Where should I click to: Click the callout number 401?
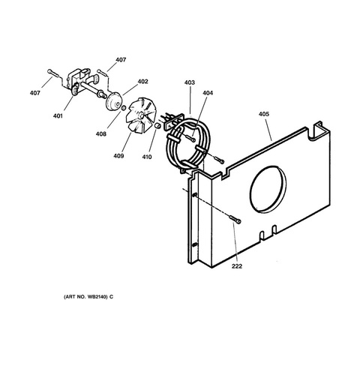click(58, 116)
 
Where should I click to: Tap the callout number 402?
click(142, 82)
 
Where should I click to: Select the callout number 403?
click(190, 82)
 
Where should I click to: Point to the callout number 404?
click(208, 93)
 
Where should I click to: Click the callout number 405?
click(264, 114)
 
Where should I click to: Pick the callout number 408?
click(101, 134)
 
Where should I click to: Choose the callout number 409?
click(118, 156)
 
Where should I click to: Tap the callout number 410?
click(147, 157)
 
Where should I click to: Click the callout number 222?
click(237, 266)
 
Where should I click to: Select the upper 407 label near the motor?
click(121, 60)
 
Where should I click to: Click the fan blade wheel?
click(139, 115)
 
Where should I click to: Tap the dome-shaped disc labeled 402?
click(114, 100)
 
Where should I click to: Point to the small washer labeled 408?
click(124, 108)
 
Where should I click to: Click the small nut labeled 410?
click(157, 126)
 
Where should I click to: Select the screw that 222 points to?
click(235, 219)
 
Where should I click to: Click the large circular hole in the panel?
click(268, 190)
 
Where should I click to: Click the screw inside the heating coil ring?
click(190, 138)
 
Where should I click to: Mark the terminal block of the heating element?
click(173, 121)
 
